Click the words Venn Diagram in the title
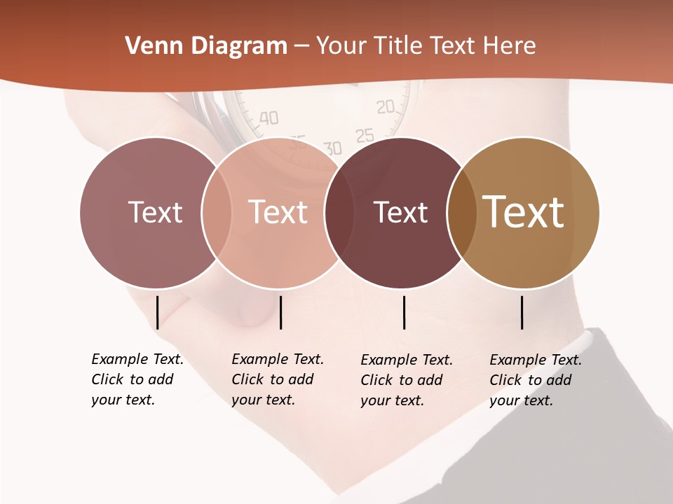[206, 46]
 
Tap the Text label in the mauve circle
[155, 212]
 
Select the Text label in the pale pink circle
[278, 212]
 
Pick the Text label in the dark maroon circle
[400, 212]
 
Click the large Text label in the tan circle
[524, 212]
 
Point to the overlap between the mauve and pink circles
[217, 213]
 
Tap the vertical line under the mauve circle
[157, 312]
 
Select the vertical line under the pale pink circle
[280, 312]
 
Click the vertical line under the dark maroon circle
[404, 312]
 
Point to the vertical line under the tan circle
[522, 312]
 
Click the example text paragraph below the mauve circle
[137, 379]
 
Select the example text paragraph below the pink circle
[278, 379]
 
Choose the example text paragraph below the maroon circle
[407, 380]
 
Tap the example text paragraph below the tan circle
[536, 380]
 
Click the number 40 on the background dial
[268, 118]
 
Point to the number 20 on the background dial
[386, 107]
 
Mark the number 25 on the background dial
[365, 135]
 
